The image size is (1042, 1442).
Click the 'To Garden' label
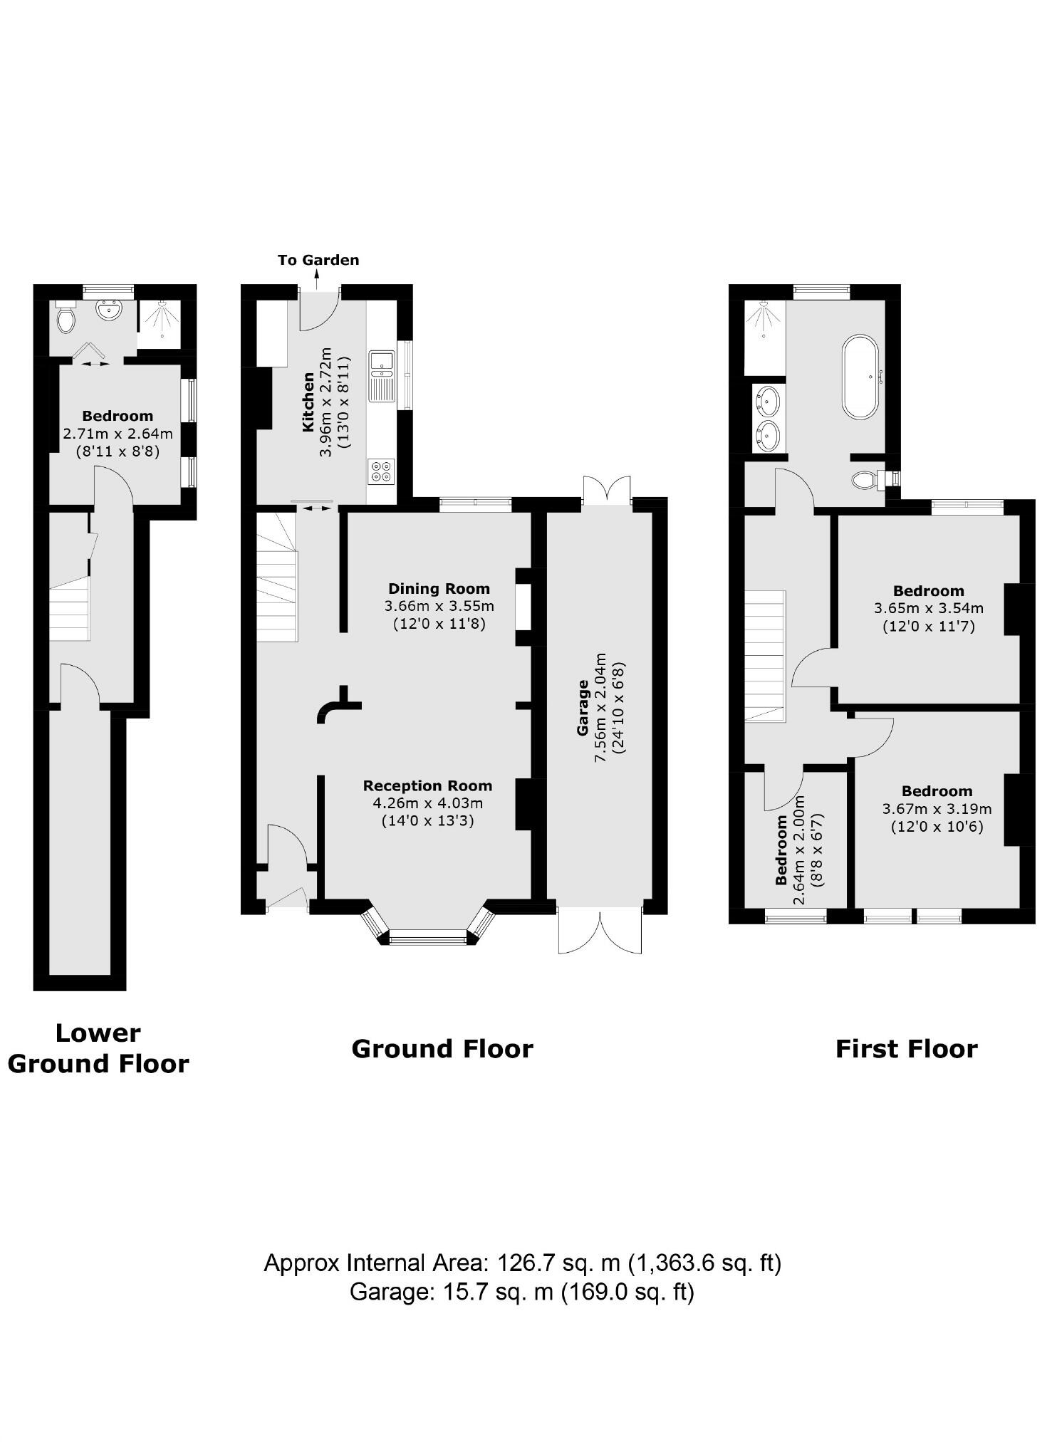click(318, 260)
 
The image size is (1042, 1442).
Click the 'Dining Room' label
click(439, 589)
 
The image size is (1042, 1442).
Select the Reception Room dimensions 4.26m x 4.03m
click(427, 803)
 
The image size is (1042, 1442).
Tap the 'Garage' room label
click(583, 709)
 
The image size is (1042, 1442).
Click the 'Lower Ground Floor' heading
click(98, 1048)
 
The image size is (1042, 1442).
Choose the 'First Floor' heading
click(906, 1049)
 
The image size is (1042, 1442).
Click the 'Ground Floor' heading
click(442, 1049)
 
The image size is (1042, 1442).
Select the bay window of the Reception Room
click(427, 936)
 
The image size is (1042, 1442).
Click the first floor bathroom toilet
click(866, 479)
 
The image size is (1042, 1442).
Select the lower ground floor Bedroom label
click(118, 416)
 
